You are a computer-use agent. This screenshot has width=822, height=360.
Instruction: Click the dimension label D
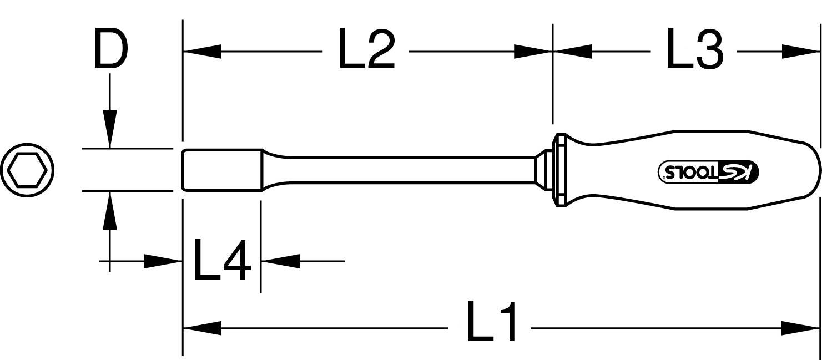click(x=110, y=51)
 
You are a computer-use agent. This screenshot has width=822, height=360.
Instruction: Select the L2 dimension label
click(x=366, y=52)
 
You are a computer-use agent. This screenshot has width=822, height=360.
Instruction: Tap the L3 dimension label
click(x=694, y=52)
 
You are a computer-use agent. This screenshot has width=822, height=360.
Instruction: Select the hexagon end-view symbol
click(x=28, y=170)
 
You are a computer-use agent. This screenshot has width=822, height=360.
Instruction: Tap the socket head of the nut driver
click(x=222, y=170)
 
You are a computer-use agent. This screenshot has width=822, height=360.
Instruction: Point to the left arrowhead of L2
click(x=202, y=52)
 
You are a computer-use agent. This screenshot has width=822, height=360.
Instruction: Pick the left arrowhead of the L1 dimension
click(x=202, y=328)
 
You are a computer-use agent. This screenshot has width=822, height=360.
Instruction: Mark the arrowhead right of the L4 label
click(x=280, y=260)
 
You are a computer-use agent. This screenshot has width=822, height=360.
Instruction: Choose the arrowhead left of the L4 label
click(x=164, y=260)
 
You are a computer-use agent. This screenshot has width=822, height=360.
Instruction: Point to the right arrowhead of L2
click(x=533, y=52)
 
